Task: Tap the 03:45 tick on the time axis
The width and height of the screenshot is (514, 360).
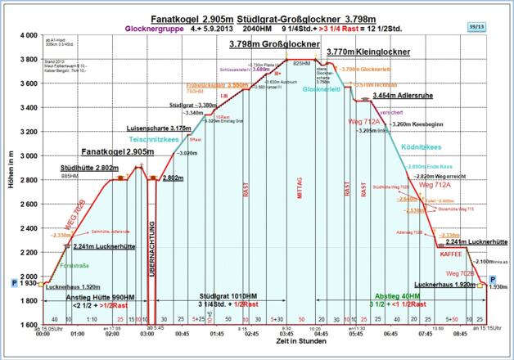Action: coord(286,334)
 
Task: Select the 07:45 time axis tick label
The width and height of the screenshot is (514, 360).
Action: coord(426,334)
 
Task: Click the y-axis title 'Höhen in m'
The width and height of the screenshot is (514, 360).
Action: coord(7,180)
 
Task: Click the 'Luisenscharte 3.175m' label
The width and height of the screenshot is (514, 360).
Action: coord(160,128)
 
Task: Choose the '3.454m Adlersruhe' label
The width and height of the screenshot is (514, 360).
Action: coord(401,96)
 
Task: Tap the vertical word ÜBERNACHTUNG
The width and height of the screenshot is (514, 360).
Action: coord(152,245)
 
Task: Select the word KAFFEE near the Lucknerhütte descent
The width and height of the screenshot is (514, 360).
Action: coord(450,254)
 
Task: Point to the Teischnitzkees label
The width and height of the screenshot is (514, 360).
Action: coord(169,139)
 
